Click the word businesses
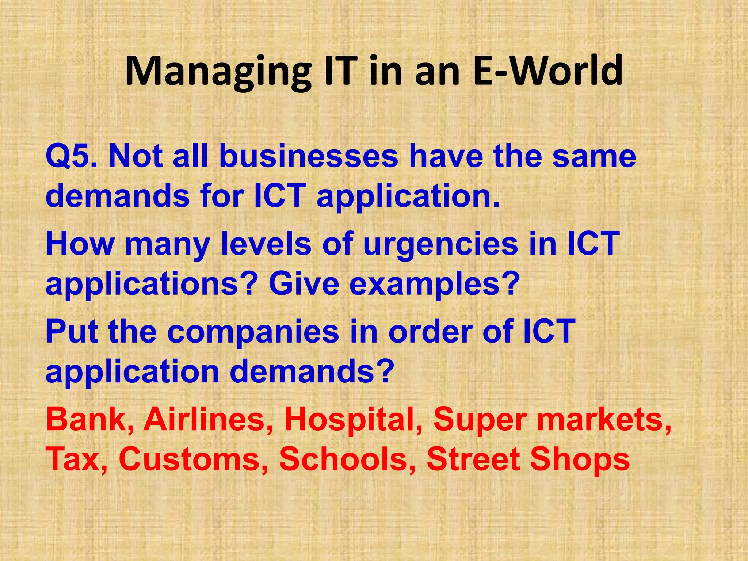tap(309, 156)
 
